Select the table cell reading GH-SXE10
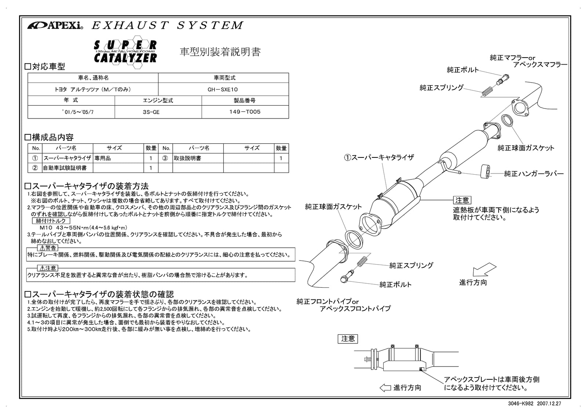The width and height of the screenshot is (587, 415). coord(223,89)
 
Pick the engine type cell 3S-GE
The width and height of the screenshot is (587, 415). coord(151,112)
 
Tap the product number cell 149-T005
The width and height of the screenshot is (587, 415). coord(245,112)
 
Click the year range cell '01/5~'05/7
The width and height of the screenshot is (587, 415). coord(71,112)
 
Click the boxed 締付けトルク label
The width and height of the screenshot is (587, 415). coord(51,221)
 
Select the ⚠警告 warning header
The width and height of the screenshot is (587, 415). coord(48,248)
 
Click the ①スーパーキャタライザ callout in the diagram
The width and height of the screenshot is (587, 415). coord(379,157)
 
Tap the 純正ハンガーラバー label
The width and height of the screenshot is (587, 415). coord(533,174)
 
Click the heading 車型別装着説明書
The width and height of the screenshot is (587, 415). coord(220,52)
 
